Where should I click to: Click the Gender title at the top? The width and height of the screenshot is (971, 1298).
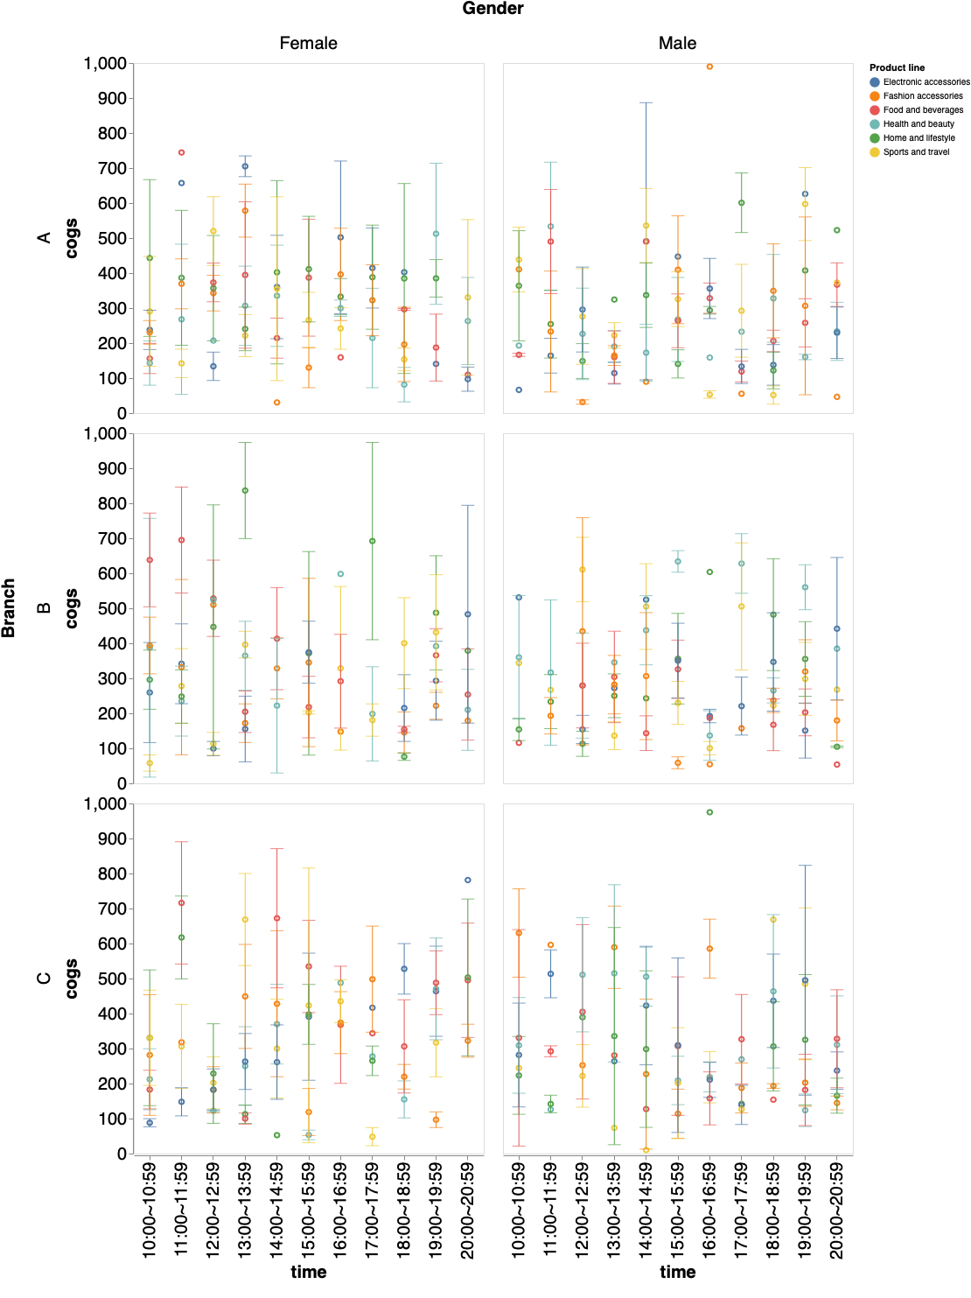pyautogui.click(x=492, y=9)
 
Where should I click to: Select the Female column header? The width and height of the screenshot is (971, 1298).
pyautogui.click(x=308, y=43)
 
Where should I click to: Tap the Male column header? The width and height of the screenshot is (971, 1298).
pyautogui.click(x=677, y=43)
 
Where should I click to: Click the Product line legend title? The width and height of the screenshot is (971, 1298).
pyautogui.click(x=897, y=67)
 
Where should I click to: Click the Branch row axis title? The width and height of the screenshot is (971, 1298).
pyautogui.click(x=9, y=607)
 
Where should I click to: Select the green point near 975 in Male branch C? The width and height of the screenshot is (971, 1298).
pyautogui.click(x=709, y=812)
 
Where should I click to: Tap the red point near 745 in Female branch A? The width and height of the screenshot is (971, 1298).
pyautogui.click(x=181, y=152)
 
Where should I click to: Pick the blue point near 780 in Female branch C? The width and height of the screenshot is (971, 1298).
pyautogui.click(x=467, y=880)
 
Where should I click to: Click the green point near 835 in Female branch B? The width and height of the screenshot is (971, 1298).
pyautogui.click(x=245, y=490)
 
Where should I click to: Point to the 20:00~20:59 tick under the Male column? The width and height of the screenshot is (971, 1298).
pyautogui.click(x=836, y=1210)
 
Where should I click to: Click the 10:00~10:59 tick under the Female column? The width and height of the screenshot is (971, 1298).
pyautogui.click(x=150, y=1210)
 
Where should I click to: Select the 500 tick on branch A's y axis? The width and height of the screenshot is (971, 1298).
pyautogui.click(x=111, y=238)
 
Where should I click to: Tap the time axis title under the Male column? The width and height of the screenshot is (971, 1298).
pyautogui.click(x=677, y=1272)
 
